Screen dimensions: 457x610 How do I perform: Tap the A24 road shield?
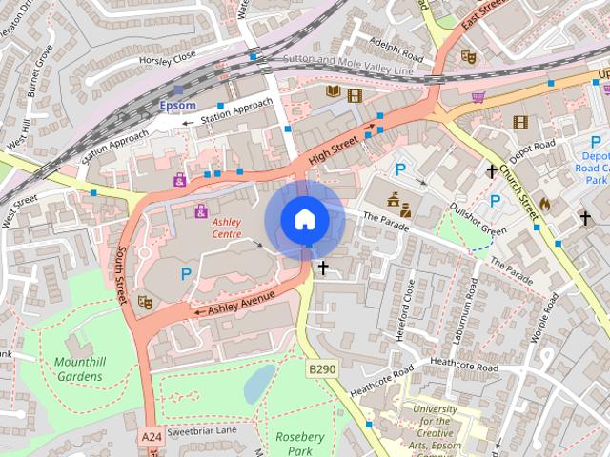[x=151, y=436]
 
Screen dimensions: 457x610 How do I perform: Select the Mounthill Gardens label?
[x=78, y=369]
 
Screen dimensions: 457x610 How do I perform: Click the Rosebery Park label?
[x=300, y=443]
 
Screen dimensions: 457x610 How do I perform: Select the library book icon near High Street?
[x=334, y=92]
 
